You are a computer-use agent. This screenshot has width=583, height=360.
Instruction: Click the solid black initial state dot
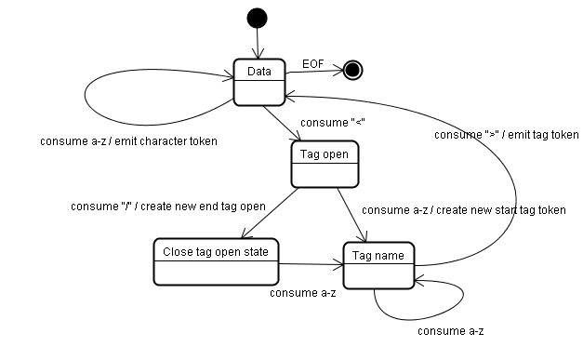point(257,18)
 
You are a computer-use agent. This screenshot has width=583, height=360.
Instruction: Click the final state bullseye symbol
point(352,69)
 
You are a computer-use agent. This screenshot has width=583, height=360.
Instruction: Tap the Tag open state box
point(325,163)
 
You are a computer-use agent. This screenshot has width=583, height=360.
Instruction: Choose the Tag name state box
point(378,265)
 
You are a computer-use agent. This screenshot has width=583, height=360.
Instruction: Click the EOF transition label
point(313,63)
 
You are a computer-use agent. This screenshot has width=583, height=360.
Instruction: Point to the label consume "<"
point(325,123)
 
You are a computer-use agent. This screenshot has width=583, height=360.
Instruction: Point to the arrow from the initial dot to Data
point(257,44)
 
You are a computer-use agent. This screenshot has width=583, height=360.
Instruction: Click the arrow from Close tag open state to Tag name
point(311,263)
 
